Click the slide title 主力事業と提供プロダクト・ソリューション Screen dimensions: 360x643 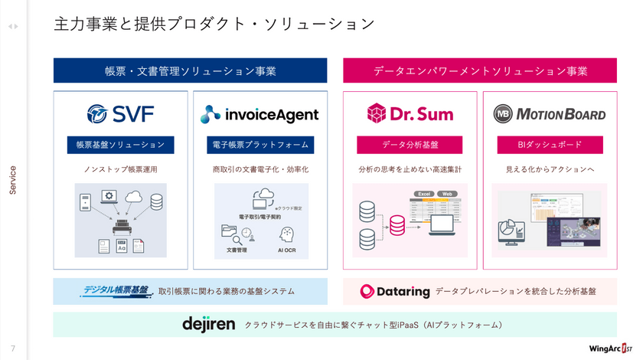pyautogui.click(x=214, y=24)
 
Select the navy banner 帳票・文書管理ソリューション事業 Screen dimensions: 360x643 pyautogui.click(x=190, y=70)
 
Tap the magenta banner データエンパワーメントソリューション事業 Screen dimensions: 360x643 pyautogui.click(x=480, y=70)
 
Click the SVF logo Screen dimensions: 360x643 pyautogui.click(x=120, y=114)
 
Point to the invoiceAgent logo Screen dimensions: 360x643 pyautogui.click(x=259, y=115)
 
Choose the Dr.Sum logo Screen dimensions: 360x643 pyautogui.click(x=410, y=114)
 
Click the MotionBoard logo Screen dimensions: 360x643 pyautogui.click(x=549, y=114)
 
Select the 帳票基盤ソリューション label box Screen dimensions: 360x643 pyautogui.click(x=120, y=144)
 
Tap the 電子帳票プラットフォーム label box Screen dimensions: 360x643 pyautogui.click(x=260, y=144)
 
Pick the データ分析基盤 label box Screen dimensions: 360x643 pyautogui.click(x=410, y=144)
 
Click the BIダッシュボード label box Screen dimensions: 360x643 pyautogui.click(x=549, y=144)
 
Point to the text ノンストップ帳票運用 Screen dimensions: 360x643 pyautogui.click(x=120, y=169)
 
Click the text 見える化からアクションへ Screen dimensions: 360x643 pyautogui.click(x=549, y=169)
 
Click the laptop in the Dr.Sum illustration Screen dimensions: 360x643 pyautogui.click(x=442, y=225)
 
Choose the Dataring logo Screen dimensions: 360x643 pyautogui.click(x=393, y=291)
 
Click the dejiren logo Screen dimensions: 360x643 pyautogui.click(x=208, y=324)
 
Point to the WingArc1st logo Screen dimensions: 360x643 pyautogui.click(x=612, y=347)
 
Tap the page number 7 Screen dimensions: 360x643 pyautogui.click(x=13, y=347)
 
